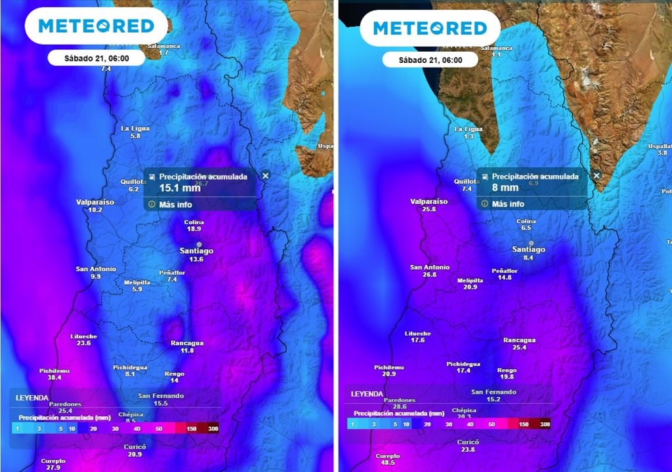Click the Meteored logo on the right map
430,28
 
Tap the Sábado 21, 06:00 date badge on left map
96,58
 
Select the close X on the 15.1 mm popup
265,176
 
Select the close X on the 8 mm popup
597,176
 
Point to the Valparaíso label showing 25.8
429,202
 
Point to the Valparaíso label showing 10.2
95,203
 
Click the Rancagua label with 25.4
519,340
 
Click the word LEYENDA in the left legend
31,397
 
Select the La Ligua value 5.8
135,136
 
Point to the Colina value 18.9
194,229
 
